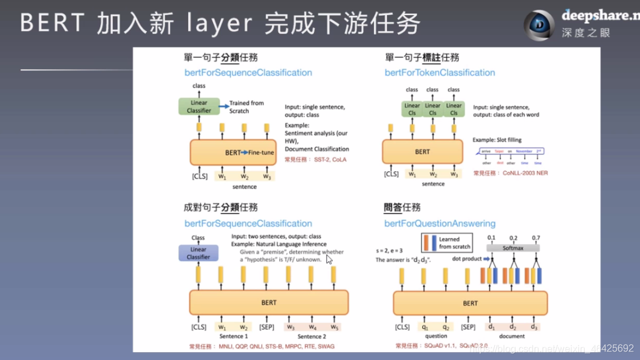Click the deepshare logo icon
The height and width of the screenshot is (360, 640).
(539, 25)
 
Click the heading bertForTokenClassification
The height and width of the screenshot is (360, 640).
(440, 73)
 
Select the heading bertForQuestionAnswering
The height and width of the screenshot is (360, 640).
(440, 223)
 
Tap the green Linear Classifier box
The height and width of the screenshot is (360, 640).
(199, 106)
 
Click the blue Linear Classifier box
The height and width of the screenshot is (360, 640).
(198, 253)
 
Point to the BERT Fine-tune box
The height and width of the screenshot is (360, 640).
(233, 152)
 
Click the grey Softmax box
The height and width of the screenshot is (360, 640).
(512, 248)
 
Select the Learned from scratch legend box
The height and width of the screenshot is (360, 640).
(447, 243)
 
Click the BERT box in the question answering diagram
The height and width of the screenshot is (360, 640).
(470, 303)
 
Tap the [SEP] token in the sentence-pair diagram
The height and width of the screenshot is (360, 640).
(267, 327)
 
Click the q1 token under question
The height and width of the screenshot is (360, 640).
(424, 327)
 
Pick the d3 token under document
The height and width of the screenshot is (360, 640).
(534, 327)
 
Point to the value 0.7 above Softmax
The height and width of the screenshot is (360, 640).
(536, 238)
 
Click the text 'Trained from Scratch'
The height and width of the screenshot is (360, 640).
(247, 107)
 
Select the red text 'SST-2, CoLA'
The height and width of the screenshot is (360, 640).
(330, 160)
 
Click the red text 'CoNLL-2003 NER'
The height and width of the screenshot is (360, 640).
(525, 173)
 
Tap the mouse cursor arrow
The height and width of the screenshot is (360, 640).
(329, 259)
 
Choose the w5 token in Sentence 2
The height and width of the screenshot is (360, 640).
(335, 327)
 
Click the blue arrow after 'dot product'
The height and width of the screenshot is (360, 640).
(487, 259)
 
